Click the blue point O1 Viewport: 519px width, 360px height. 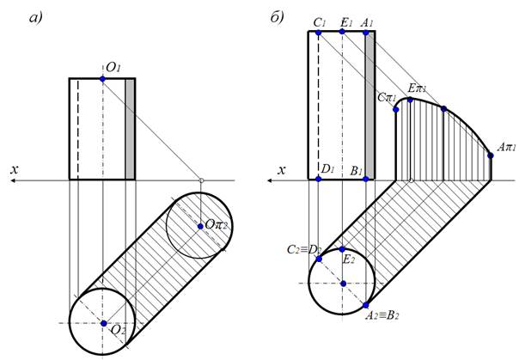click(102, 78)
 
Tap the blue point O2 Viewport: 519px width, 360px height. click(102, 323)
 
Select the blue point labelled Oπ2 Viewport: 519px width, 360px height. click(200, 225)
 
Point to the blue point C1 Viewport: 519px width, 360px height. click(319, 32)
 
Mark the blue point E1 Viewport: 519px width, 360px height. click(342, 32)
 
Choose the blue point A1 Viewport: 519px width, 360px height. click(366, 32)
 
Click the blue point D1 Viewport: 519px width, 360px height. click(319, 179)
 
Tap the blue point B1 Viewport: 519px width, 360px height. click(366, 179)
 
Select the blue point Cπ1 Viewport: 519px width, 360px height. click(396, 109)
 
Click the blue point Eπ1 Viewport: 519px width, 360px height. click(411, 101)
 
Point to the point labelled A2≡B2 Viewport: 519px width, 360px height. click(366, 305)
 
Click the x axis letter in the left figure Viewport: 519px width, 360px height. click(14, 170)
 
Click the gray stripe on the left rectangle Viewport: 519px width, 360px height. click(131, 129)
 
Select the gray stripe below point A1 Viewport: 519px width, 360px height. click(369, 103)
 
